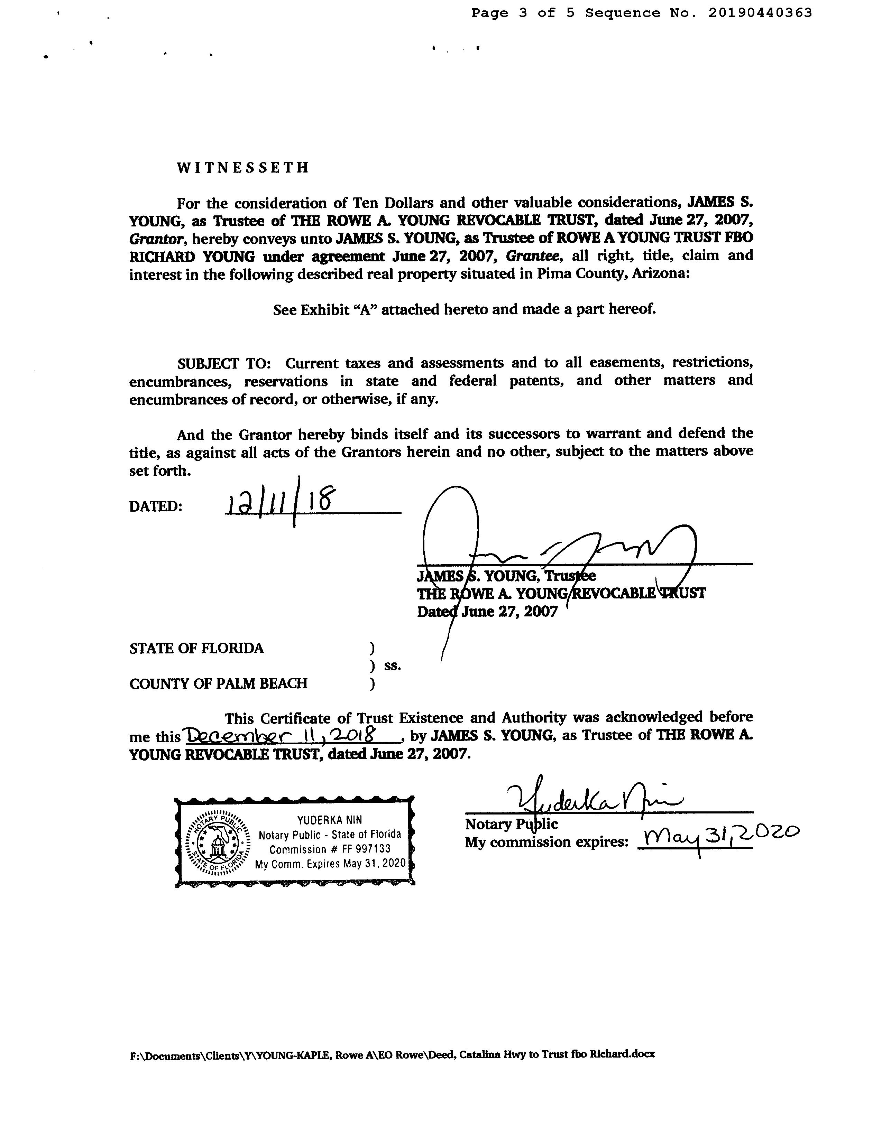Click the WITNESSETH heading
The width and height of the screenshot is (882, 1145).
pos(243,168)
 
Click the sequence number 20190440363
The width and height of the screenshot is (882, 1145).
pos(760,12)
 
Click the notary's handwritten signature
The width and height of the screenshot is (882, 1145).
pos(592,798)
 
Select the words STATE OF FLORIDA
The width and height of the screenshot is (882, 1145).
pos(197,649)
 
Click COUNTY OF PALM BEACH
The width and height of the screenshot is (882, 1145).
pos(218,683)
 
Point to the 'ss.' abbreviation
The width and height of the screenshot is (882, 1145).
pos(392,666)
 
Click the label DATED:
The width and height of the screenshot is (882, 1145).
pos(156,506)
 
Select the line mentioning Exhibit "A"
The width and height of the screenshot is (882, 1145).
pos(465,309)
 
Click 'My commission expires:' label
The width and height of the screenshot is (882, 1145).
pos(546,842)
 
